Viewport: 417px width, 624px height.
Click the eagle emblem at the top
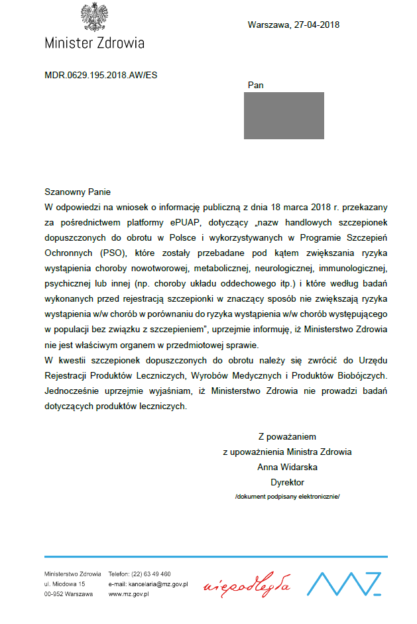(94, 17)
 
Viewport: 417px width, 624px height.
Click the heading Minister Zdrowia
(94, 43)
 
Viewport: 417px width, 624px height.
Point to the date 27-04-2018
(316, 25)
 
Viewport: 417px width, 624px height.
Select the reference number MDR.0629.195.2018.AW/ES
(101, 75)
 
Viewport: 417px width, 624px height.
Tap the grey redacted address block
(284, 115)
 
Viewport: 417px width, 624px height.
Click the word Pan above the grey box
(255, 86)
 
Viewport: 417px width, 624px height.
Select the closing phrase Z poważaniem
(287, 436)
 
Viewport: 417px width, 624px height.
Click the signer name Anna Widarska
(287, 467)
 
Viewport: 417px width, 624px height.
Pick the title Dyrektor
(287, 482)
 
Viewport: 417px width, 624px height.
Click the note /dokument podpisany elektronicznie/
(287, 497)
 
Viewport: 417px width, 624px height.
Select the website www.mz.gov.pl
(129, 594)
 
